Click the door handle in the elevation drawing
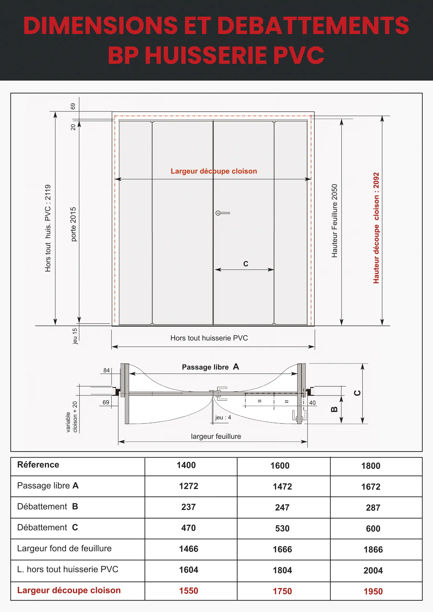pyautogui.click(x=222, y=213)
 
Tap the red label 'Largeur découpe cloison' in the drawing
pyautogui.click(x=214, y=171)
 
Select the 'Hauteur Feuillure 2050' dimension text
pyautogui.click(x=334, y=221)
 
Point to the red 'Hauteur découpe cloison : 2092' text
pyautogui.click(x=376, y=228)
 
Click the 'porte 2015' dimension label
pyautogui.click(x=73, y=224)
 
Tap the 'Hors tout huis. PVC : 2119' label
pyautogui.click(x=48, y=228)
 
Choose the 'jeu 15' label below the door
pyautogui.click(x=75, y=336)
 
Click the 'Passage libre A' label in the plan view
pyautogui.click(x=210, y=367)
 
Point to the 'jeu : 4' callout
pyautogui.click(x=223, y=417)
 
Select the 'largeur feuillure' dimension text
pyautogui.click(x=216, y=436)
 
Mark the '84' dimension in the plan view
pyautogui.click(x=107, y=370)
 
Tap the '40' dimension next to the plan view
pyautogui.click(x=312, y=403)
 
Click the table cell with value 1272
pyautogui.click(x=188, y=486)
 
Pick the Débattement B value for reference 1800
pyautogui.click(x=373, y=508)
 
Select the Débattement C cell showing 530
pyautogui.click(x=282, y=528)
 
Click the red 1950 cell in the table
pyautogui.click(x=373, y=592)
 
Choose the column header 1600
pyautogui.click(x=280, y=466)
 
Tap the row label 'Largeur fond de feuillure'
pyautogui.click(x=64, y=549)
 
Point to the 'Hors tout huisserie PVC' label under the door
pyautogui.click(x=209, y=338)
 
